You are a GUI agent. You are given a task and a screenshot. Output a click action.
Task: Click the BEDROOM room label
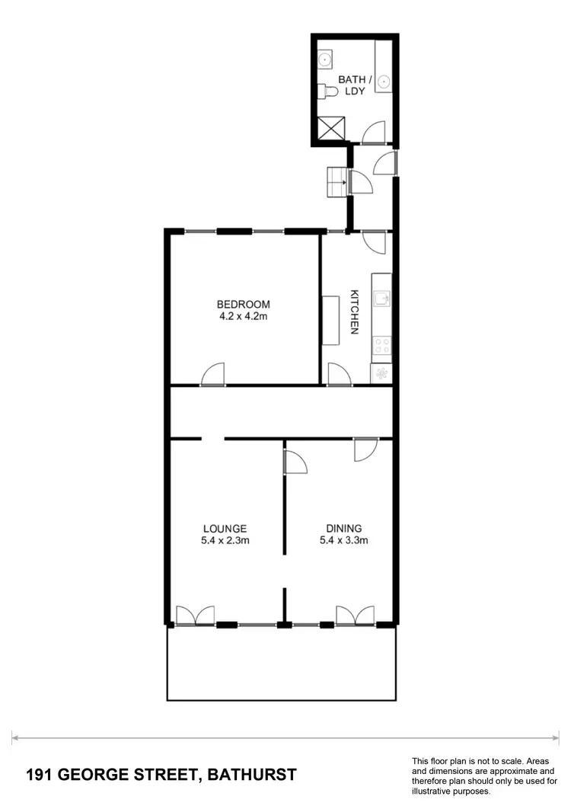point(244,305)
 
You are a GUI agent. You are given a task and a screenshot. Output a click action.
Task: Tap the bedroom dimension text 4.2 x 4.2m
point(244,317)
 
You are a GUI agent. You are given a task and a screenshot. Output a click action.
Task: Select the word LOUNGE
point(225,528)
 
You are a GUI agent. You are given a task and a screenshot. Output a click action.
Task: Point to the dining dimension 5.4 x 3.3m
point(344,541)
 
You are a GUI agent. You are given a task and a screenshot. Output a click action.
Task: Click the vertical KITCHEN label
point(354,312)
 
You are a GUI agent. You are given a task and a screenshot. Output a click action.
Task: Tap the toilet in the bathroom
point(328,91)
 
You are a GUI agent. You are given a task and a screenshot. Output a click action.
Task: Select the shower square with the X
point(331,130)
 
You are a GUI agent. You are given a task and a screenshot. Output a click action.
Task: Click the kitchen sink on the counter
point(382,296)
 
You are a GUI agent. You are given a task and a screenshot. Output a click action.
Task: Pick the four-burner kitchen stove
point(382,347)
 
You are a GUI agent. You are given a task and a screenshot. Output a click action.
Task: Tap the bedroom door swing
point(215,375)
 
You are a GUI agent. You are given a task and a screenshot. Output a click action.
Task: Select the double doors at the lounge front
point(195,616)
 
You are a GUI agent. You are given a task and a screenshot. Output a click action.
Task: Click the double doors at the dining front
point(356,616)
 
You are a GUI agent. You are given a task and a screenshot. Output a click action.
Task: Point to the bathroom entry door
point(374,134)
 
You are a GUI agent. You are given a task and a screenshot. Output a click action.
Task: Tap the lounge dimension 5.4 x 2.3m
point(225,541)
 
